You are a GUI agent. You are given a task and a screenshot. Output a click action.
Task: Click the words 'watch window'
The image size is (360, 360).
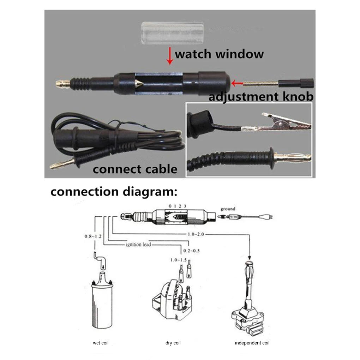[219, 54]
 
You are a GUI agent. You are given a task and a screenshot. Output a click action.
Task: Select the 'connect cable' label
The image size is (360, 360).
[135, 169]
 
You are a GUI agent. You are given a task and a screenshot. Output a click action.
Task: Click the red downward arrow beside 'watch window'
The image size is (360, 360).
[170, 56]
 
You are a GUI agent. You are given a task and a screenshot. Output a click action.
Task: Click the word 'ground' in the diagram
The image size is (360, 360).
[228, 209]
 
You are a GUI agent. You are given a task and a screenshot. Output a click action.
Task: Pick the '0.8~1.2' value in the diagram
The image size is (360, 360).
[93, 236]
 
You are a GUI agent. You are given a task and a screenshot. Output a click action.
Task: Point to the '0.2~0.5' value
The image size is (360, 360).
[192, 251]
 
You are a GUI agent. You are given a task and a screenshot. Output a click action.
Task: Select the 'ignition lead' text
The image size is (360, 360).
[139, 244]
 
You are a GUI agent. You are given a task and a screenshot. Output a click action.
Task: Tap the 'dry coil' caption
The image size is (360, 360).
[173, 343]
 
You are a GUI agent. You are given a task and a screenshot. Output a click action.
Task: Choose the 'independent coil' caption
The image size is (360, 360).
[252, 343]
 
